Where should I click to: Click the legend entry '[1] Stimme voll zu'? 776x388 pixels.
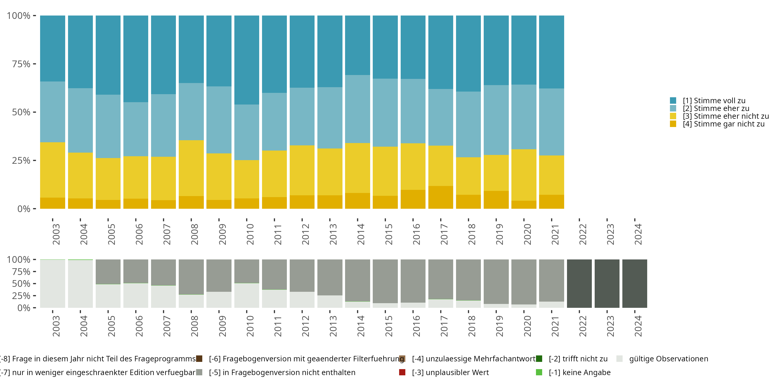[x=714, y=101]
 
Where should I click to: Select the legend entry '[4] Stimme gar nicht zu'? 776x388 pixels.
[x=723, y=124]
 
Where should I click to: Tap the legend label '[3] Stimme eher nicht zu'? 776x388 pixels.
[x=725, y=116]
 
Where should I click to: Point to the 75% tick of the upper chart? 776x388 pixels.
[x=21, y=64]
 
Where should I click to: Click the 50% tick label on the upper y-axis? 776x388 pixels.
[x=21, y=112]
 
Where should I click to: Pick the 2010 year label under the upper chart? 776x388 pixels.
[x=250, y=234]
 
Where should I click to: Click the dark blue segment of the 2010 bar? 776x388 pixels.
[x=247, y=60]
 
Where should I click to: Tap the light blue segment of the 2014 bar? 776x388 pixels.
[x=357, y=109]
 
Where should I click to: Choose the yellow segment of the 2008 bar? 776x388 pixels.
[x=191, y=168]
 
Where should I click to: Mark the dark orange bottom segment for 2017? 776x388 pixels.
[x=441, y=197]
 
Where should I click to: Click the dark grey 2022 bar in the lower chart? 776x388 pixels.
[x=579, y=283]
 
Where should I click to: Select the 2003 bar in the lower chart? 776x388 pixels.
[x=53, y=283]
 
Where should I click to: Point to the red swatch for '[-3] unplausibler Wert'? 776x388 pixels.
[x=402, y=372]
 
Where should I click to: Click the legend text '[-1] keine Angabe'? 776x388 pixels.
[x=580, y=373]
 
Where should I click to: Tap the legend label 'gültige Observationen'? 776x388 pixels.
[x=668, y=359]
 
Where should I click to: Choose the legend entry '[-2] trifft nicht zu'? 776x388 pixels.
[x=578, y=359]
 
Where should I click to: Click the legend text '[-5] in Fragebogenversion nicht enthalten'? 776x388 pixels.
[x=282, y=373]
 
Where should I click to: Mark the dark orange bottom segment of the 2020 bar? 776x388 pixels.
[x=524, y=205]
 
